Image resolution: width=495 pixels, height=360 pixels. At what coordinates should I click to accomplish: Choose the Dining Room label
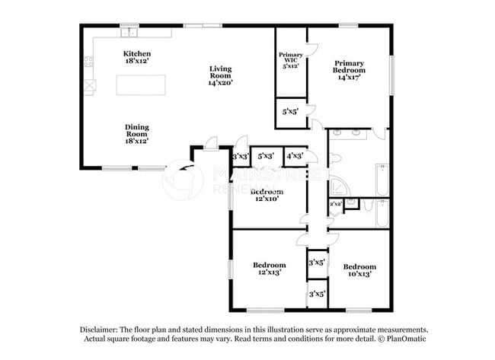click(137, 134)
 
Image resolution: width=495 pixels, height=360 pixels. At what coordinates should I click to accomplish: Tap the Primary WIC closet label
click(290, 59)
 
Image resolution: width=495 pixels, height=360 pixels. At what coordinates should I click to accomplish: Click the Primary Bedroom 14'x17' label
click(349, 70)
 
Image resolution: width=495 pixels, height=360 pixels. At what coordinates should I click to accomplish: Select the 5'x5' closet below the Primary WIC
click(290, 111)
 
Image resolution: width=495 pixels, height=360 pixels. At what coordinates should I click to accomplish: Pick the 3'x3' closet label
click(241, 156)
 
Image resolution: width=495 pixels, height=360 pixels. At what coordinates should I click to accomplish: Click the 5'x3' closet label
click(266, 156)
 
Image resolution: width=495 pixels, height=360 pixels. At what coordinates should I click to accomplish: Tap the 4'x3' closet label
click(295, 156)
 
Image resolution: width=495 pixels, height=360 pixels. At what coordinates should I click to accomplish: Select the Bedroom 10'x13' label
click(359, 271)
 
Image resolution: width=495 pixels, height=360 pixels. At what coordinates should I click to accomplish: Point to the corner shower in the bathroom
click(340, 186)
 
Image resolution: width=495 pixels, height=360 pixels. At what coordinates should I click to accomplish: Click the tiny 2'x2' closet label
click(335, 204)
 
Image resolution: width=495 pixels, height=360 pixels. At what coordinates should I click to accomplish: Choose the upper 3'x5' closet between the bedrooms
click(316, 262)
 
